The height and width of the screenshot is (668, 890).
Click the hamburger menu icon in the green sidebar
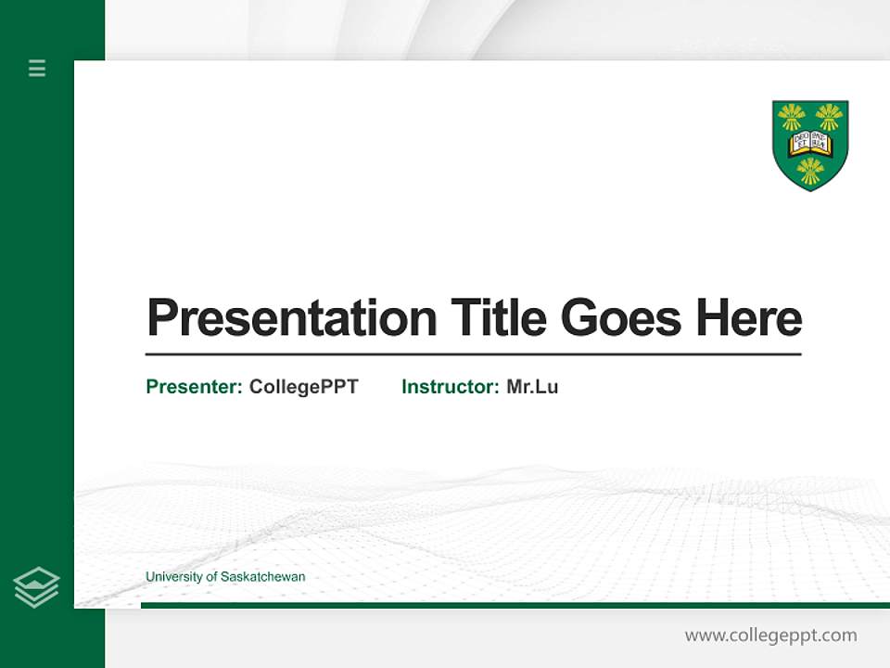tap(37, 68)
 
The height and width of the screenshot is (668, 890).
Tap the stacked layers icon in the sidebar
tap(36, 587)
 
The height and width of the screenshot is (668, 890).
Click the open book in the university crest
tap(810, 144)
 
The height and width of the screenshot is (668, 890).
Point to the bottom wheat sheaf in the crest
tap(810, 171)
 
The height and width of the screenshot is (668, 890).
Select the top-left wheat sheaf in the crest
tap(792, 117)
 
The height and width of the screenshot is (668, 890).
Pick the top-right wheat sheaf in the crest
tap(829, 117)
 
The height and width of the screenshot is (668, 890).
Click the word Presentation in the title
tap(291, 319)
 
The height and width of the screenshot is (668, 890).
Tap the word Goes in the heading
tap(622, 317)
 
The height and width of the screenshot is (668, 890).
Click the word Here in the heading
tap(749, 317)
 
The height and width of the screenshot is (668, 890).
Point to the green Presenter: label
tap(194, 387)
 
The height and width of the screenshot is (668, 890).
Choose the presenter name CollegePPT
tap(303, 387)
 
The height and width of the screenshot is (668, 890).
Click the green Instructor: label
tap(450, 387)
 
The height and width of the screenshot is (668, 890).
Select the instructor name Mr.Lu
tap(532, 387)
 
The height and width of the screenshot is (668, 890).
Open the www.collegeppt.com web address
tap(770, 636)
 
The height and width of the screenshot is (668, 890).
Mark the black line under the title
tap(473, 354)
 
